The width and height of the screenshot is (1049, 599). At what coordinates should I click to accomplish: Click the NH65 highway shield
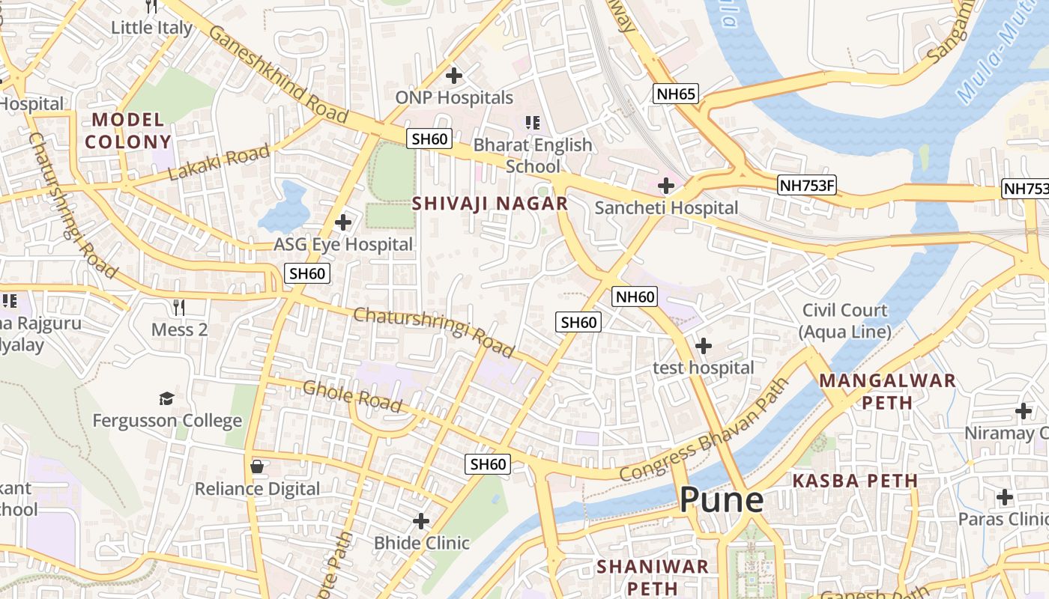click(x=676, y=94)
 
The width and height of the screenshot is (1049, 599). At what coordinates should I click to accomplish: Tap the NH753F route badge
click(x=806, y=185)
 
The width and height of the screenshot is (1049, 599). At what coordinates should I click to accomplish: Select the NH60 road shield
click(x=635, y=297)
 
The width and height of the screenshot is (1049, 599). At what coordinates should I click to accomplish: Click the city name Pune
click(x=722, y=500)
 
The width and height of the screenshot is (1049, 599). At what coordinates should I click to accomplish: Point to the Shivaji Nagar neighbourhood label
click(x=490, y=203)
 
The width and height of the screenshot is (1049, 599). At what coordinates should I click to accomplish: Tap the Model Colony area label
click(x=127, y=130)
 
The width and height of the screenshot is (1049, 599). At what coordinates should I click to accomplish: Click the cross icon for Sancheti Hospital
click(x=665, y=186)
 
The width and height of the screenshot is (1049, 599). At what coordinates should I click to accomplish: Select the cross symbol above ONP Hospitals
click(x=453, y=76)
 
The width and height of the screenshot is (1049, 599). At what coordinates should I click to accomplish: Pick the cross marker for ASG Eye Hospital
click(x=343, y=222)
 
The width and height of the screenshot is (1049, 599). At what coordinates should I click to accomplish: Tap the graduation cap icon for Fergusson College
click(x=166, y=398)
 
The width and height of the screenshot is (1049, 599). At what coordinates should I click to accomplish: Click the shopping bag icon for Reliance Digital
click(x=257, y=466)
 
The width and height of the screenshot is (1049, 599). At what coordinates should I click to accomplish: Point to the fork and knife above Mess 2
click(x=178, y=307)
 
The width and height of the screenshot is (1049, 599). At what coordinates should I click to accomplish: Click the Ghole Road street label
click(x=352, y=396)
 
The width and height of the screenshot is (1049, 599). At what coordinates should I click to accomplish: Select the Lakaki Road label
click(x=219, y=163)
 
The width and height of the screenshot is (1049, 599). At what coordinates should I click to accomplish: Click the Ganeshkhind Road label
click(x=278, y=73)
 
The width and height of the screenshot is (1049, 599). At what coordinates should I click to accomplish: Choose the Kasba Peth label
click(x=855, y=481)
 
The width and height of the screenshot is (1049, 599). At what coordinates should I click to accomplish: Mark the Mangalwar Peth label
click(x=887, y=391)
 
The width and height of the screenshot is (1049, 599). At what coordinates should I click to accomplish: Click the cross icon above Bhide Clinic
click(x=422, y=520)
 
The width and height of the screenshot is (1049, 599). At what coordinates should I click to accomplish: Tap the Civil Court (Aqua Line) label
click(x=845, y=320)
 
